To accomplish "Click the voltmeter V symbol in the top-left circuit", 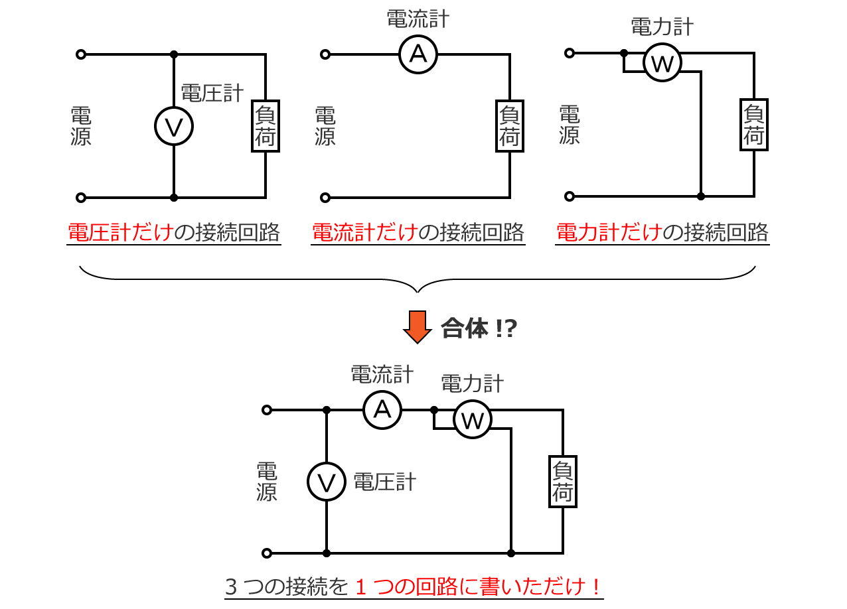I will tap(174, 126).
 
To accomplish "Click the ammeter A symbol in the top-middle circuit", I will tap(418, 54).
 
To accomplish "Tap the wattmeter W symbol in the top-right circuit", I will tap(662, 62).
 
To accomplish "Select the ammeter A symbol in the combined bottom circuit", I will tap(382, 410).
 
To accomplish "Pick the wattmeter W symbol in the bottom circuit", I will tap(473, 419).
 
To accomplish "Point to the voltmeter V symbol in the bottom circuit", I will tap(327, 482).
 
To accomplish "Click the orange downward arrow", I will tap(417, 327).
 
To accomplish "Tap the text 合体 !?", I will tap(479, 328).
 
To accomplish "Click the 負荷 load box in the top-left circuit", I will tap(266, 126).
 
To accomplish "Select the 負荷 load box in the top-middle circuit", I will tap(510, 126).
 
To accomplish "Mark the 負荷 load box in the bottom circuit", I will tap(563, 482).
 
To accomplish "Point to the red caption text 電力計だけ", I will tap(609, 233).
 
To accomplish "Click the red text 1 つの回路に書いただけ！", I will tap(479, 586).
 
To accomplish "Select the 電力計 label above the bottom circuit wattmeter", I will tap(472, 383).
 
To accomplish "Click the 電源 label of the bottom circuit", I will tap(267, 482).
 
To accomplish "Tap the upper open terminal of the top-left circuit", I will tap(81, 54).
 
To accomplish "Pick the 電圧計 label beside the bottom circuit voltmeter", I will tap(384, 482).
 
